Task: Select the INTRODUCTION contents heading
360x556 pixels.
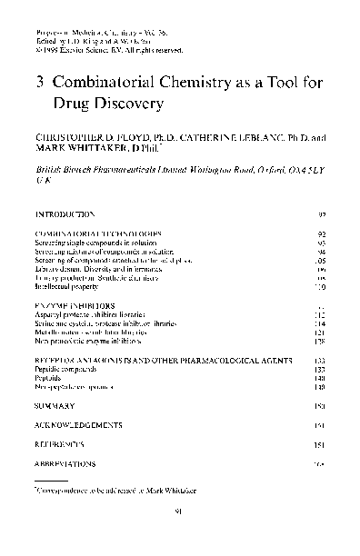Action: click(64, 214)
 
